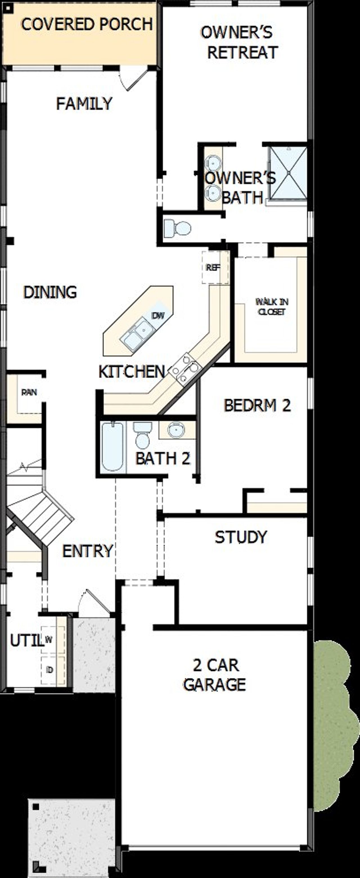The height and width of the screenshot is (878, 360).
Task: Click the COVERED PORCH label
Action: point(87,24)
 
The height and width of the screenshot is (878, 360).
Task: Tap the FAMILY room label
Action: point(84,104)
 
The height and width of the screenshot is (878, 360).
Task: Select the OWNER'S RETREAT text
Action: point(240,43)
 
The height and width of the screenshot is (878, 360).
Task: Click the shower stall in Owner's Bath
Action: point(288,173)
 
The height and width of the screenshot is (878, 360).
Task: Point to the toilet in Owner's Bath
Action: point(177,228)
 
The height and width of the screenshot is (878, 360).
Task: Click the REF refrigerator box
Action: point(213,268)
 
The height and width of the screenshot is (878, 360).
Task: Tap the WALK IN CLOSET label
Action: point(272,306)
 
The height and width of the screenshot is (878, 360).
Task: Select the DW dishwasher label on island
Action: point(158,315)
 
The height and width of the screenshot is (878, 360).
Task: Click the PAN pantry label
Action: point(29,392)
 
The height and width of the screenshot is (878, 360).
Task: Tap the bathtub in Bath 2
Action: point(112,446)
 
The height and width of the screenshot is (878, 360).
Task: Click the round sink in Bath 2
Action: point(176,430)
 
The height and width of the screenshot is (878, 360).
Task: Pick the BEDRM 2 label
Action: point(257,405)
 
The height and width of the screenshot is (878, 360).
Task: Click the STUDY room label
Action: point(241,537)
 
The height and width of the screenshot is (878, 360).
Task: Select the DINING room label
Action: point(50,292)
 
